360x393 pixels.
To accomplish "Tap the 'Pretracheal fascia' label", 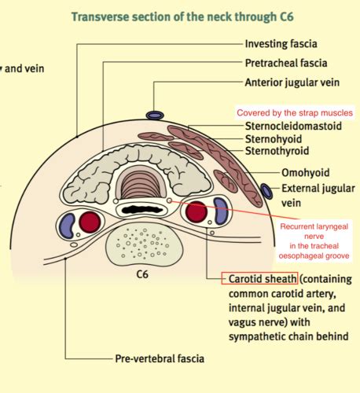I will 285,62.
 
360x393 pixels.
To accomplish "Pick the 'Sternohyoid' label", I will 274,138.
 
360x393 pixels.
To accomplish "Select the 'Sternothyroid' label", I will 277,150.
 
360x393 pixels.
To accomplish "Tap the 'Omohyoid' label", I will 305,173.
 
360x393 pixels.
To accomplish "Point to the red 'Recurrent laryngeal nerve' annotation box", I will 314,241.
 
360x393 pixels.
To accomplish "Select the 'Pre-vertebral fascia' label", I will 159,358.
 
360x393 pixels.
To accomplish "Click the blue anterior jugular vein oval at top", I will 154,116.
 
